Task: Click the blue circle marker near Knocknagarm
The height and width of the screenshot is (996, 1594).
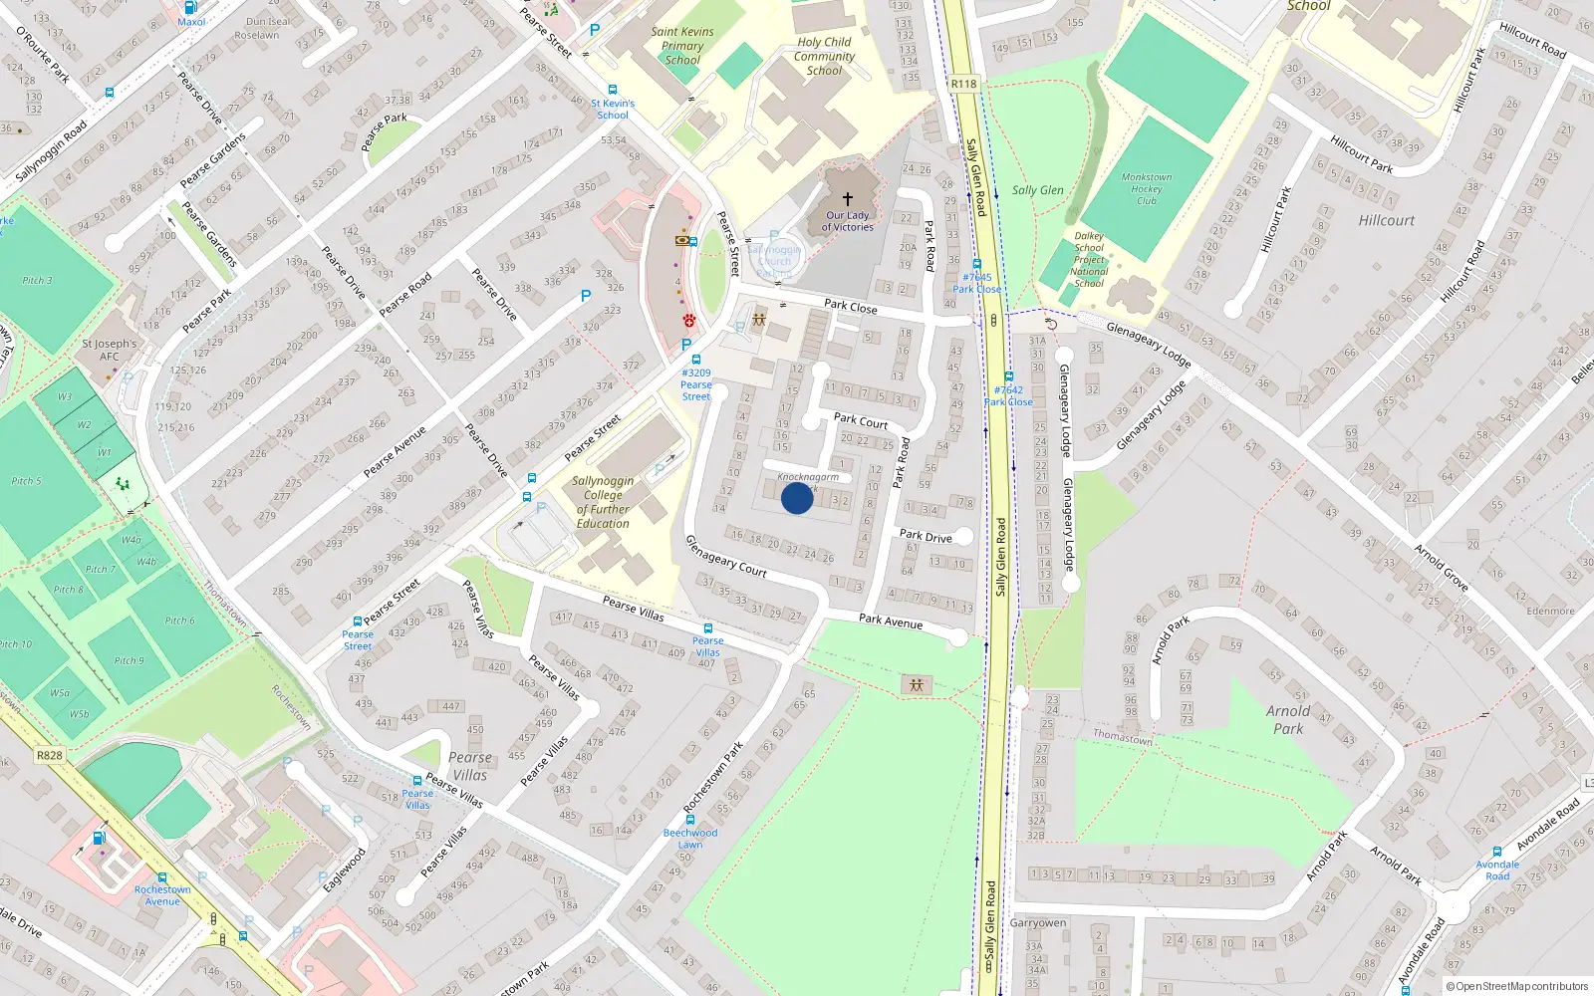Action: [796, 498]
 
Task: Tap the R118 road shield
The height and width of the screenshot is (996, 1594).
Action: [963, 84]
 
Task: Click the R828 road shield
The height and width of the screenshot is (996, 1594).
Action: [50, 755]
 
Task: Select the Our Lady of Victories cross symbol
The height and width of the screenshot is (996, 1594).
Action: [848, 199]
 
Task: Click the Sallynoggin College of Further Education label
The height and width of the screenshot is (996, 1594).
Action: [603, 502]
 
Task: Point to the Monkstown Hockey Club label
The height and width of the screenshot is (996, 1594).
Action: [1147, 188]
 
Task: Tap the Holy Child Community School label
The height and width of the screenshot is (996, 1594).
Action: [824, 56]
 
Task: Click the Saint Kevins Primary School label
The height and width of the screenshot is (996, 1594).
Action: [682, 46]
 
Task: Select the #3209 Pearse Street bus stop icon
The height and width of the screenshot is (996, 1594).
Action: [695, 360]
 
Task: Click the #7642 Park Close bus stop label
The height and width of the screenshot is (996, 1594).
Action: [1008, 396]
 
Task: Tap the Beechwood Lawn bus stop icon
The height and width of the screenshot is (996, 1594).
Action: [689, 820]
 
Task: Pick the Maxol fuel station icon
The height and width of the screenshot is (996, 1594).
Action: [191, 7]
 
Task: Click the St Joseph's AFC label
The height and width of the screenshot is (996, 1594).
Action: [110, 350]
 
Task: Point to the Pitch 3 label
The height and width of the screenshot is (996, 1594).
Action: [37, 281]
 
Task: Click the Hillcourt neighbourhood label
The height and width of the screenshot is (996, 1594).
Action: [1386, 220]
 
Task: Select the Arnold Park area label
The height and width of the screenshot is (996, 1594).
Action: [1288, 719]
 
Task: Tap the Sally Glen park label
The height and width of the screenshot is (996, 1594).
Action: [1037, 190]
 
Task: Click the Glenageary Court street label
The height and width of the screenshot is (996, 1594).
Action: [726, 556]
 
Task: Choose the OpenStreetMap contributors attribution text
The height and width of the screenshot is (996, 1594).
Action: [1516, 986]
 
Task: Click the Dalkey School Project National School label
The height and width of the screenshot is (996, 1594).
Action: [1089, 260]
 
